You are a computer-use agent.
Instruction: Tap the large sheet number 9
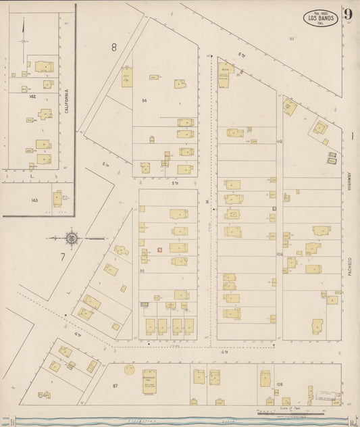[x=348, y=15]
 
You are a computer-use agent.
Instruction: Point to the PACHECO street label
[x=351, y=258]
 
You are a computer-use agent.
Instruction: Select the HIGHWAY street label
[x=351, y=184]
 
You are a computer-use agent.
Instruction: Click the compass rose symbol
[x=71, y=238]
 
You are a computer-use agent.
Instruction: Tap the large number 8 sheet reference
[x=114, y=47]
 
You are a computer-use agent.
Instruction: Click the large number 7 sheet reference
[x=62, y=257]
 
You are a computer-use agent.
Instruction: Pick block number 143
[x=34, y=200]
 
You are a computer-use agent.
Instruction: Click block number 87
[x=115, y=385]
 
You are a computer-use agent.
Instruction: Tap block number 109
[x=279, y=255]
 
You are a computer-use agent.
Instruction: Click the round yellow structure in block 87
[x=128, y=370]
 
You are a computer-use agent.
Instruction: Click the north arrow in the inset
[x=23, y=30]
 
